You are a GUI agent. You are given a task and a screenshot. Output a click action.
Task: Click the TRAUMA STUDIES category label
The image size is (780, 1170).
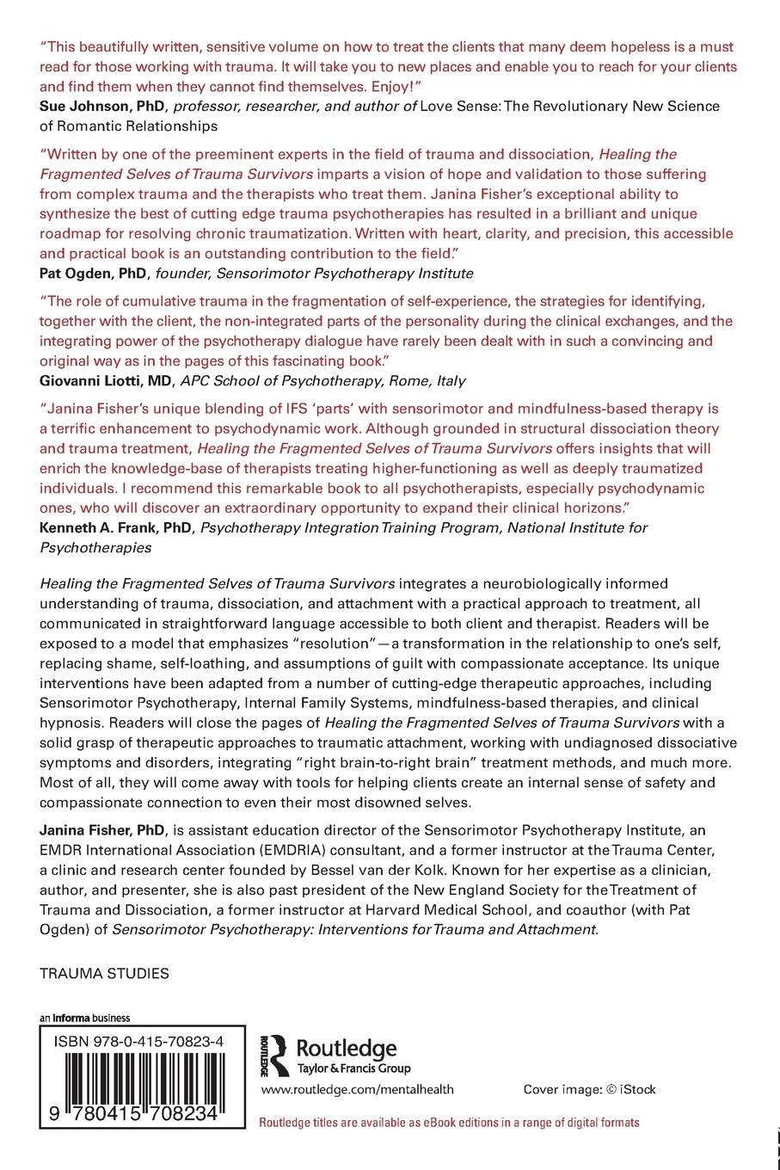click(x=104, y=974)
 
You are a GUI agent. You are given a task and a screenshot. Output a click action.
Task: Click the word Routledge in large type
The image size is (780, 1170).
click(x=346, y=1048)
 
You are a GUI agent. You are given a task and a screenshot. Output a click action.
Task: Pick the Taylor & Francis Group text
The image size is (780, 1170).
click(x=353, y=1068)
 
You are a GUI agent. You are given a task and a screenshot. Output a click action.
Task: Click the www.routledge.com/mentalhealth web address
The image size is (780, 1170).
click(x=357, y=1089)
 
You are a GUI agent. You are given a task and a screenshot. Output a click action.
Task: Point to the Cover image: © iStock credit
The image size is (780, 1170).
click(x=589, y=1089)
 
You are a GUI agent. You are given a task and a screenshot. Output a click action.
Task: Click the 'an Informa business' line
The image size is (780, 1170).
click(x=84, y=1018)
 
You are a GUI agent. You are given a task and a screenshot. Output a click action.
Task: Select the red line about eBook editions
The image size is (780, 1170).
click(x=449, y=1122)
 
